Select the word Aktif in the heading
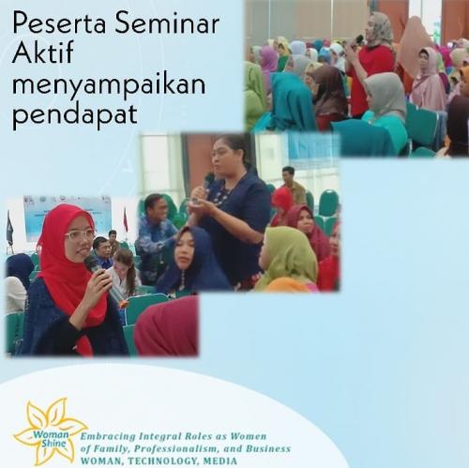point(42,53)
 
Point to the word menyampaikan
point(109,87)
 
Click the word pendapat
point(75,115)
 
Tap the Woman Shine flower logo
point(50,432)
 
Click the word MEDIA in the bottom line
point(219,461)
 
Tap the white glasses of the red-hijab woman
point(81,234)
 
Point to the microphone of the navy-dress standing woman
point(207,184)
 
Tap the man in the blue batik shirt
point(156,237)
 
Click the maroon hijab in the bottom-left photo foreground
point(167,326)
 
